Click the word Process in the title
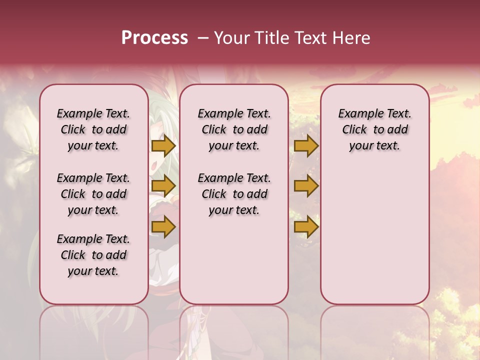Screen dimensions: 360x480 click(x=154, y=37)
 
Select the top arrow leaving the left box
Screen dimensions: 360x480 click(x=163, y=145)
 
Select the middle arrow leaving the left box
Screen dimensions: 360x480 click(x=163, y=186)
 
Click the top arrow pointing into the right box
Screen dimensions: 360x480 click(x=306, y=145)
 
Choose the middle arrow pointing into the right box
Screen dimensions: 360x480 click(x=306, y=186)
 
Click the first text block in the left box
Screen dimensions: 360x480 click(x=93, y=129)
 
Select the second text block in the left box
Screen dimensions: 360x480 click(x=93, y=194)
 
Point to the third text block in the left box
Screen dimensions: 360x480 click(x=93, y=255)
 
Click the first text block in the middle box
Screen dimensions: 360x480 click(x=234, y=129)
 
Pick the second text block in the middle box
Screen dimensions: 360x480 click(x=234, y=194)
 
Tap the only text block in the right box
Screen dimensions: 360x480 click(x=374, y=129)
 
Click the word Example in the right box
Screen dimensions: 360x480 click(x=357, y=114)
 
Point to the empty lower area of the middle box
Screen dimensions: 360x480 click(x=234, y=260)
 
